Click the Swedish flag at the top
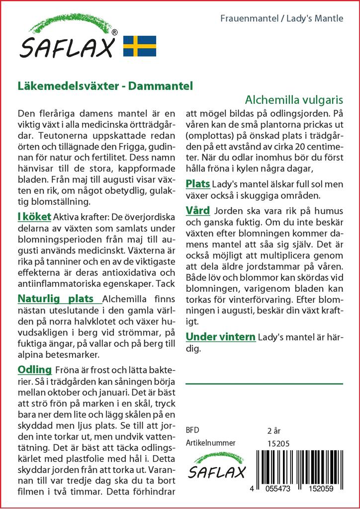click(140, 46)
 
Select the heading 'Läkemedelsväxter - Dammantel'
click(105, 86)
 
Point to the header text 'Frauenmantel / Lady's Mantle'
click(281, 19)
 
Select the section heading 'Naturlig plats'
click(56, 299)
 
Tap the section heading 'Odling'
click(35, 369)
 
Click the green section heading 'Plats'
click(197, 184)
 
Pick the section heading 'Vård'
click(197, 210)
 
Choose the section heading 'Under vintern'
click(220, 337)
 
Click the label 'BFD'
click(192, 430)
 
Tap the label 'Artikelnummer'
click(210, 443)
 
